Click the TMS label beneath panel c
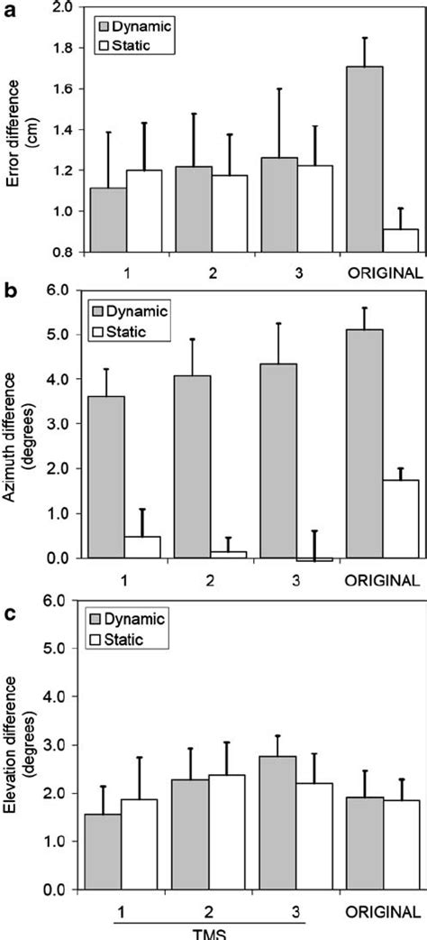(x=210, y=932)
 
